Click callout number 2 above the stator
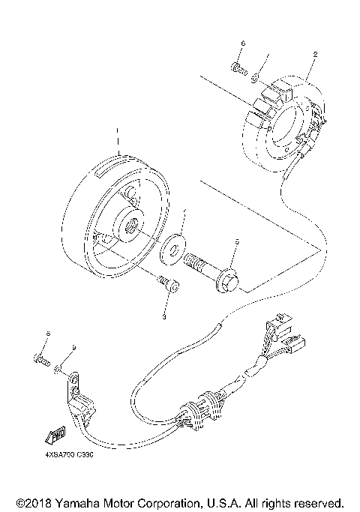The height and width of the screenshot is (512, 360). pos(315,54)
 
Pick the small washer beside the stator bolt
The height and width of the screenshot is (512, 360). pos(256,76)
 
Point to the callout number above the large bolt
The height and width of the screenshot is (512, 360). pos(236,242)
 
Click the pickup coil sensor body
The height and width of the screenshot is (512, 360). pos(83,406)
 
